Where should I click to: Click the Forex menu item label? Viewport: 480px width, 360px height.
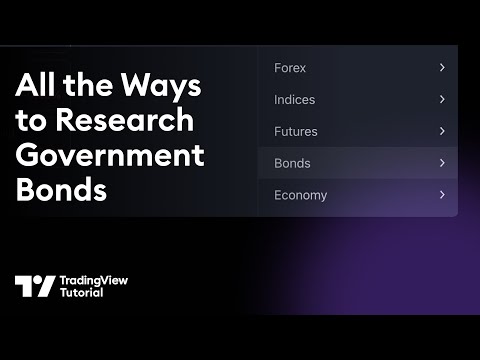pyautogui.click(x=290, y=68)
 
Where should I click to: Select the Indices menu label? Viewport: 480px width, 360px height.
pyautogui.click(x=294, y=100)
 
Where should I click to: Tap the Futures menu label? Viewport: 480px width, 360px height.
pyautogui.click(x=296, y=131)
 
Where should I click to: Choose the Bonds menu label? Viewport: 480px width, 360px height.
pyautogui.click(x=292, y=163)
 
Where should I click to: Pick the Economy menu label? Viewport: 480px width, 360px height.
pyautogui.click(x=300, y=195)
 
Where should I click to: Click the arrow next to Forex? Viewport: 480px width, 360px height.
pyautogui.click(x=441, y=68)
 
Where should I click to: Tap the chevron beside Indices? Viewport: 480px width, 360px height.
pyautogui.click(x=441, y=100)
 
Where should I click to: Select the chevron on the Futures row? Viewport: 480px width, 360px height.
pyautogui.click(x=441, y=131)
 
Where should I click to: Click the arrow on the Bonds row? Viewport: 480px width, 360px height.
pyautogui.click(x=441, y=163)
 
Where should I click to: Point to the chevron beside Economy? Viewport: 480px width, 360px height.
pyautogui.click(x=441, y=195)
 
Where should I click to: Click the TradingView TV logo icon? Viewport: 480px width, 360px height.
pyautogui.click(x=35, y=286)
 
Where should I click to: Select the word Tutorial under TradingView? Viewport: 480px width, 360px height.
pyautogui.click(x=82, y=293)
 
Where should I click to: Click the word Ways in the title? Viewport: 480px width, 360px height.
pyautogui.click(x=165, y=86)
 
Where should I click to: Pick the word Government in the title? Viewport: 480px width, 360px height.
pyautogui.click(x=110, y=156)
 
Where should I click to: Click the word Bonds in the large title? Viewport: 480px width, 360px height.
pyautogui.click(x=61, y=190)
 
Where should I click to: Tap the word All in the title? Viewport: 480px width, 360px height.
pyautogui.click(x=35, y=86)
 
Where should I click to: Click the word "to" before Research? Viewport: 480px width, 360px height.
pyautogui.click(x=30, y=121)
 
